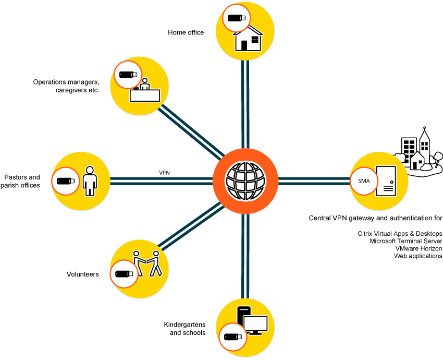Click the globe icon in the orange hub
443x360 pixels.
tap(244, 180)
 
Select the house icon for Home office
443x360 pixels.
tap(248, 39)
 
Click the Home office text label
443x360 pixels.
tap(186, 32)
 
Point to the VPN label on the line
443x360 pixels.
tap(165, 172)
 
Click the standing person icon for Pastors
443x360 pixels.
tap(90, 181)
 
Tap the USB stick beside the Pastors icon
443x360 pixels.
tap(66, 181)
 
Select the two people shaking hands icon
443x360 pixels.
tap(148, 262)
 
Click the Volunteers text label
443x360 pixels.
tap(82, 274)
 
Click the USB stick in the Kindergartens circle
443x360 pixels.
tap(232, 337)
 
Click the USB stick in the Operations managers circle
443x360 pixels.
tap(127, 75)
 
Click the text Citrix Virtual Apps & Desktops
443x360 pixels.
tap(400, 233)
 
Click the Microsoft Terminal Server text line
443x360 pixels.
tap(405, 241)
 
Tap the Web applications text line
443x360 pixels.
tap(418, 256)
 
